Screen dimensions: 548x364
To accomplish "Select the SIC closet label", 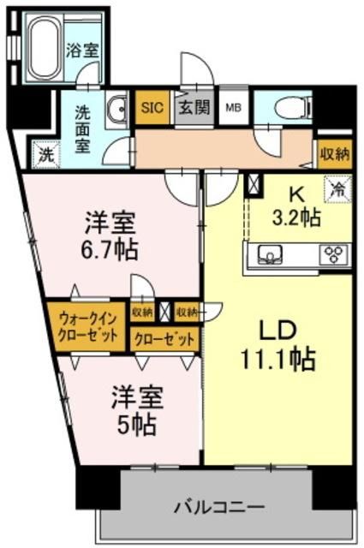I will tap(152, 108).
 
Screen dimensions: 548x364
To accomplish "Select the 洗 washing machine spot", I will tap(43, 155).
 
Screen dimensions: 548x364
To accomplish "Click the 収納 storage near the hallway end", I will tap(334, 154).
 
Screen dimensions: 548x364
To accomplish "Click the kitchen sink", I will tap(270, 254).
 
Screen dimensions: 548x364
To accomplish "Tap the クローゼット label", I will tap(164, 339).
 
